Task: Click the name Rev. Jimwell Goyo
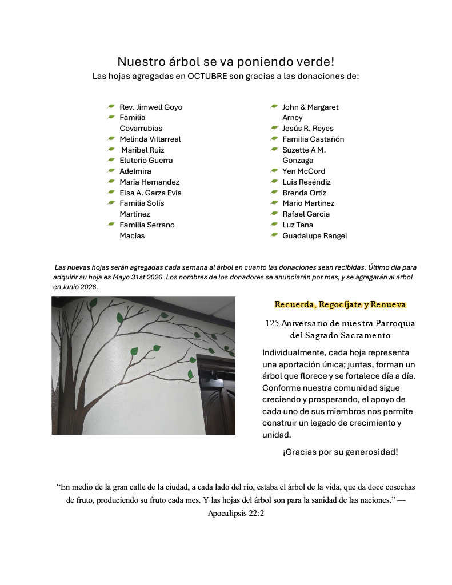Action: click(151, 107)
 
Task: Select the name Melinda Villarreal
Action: click(150, 139)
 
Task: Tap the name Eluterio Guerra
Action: click(146, 161)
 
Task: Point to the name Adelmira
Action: click(135, 171)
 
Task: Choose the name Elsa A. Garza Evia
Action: click(150, 193)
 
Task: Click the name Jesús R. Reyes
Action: click(307, 129)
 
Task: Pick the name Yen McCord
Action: click(303, 171)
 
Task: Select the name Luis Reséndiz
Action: click(306, 182)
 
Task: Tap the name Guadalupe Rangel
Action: click(314, 235)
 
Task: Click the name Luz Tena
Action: click(298, 225)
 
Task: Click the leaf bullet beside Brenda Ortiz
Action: click(274, 193)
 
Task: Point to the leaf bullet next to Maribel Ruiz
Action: click(111, 150)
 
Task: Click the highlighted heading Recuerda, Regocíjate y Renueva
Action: click(340, 304)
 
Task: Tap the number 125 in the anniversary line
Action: click(272, 323)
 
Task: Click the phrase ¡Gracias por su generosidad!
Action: click(340, 452)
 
